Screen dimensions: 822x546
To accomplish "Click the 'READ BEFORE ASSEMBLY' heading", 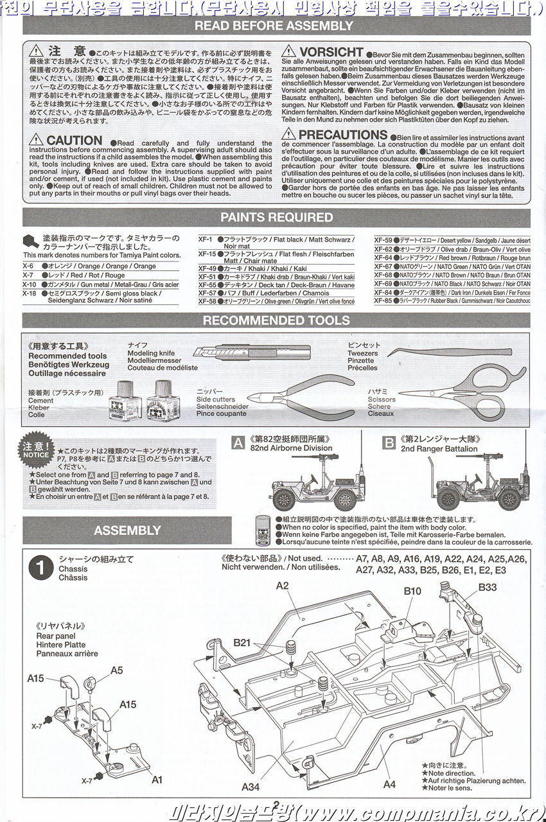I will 274,26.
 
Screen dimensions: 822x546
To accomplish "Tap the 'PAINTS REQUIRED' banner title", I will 276,217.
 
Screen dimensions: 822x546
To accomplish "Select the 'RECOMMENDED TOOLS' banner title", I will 276,320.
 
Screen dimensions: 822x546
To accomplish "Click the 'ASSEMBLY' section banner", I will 127,530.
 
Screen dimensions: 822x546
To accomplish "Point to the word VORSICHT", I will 331,52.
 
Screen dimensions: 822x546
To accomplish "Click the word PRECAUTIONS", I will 343,135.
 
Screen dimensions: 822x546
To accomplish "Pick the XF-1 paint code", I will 206,239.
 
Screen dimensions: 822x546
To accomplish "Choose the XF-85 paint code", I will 383,301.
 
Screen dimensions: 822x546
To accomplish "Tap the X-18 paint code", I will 30,293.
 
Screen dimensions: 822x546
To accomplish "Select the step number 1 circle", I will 40,568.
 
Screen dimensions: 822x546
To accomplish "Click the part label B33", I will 487,587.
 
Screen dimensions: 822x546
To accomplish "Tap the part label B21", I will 242,642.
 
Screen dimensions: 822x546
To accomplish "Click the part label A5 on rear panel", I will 116,670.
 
